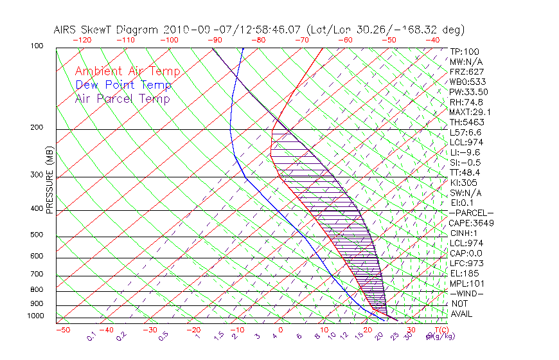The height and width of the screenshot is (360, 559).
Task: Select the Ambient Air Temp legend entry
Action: [x=127, y=71]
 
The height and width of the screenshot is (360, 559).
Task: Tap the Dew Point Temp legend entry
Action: [x=123, y=85]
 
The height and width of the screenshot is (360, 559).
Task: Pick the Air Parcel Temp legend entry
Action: [x=122, y=98]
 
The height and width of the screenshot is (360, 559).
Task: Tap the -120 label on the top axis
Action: [x=82, y=39]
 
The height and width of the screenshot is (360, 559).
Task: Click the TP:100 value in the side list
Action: [x=464, y=51]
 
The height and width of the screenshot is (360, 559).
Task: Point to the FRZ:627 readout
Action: [x=466, y=71]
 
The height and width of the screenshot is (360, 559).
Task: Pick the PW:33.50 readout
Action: [x=469, y=92]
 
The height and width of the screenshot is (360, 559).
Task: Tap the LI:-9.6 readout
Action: [x=466, y=152]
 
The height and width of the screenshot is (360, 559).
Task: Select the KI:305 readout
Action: [x=464, y=183]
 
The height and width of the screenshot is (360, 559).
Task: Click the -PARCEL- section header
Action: [x=471, y=213]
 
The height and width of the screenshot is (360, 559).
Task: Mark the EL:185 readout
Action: [x=464, y=273]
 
